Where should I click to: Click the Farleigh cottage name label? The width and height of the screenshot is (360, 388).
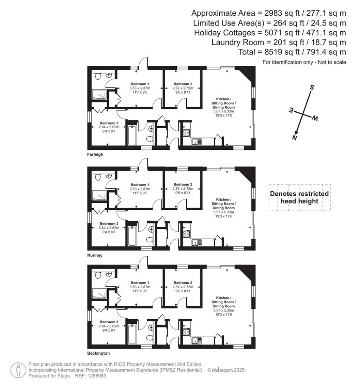coord(95,154)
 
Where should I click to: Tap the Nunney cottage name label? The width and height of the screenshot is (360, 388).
coord(95,256)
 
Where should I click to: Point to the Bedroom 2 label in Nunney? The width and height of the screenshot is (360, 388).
coord(183,185)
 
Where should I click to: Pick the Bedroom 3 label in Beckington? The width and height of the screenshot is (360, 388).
coord(109,322)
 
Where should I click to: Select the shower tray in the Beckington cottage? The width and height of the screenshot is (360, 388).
coord(98,294)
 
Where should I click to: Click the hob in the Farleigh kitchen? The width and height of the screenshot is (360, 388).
coord(186,133)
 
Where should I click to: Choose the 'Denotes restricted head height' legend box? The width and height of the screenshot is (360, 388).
coord(299,198)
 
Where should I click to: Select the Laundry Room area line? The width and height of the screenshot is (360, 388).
coord(279,43)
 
